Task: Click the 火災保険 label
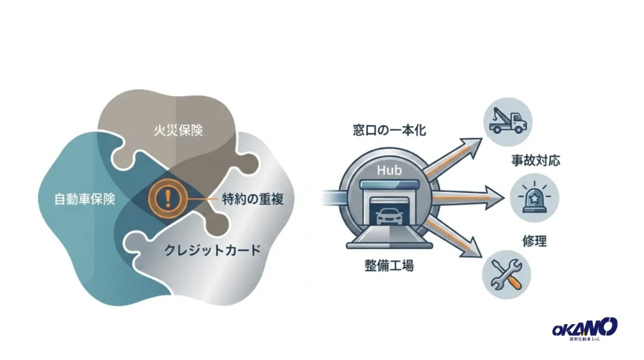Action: pyautogui.click(x=178, y=130)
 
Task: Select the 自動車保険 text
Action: pyautogui.click(x=85, y=200)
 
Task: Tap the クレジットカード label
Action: pyautogui.click(x=213, y=250)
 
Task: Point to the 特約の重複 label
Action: pyautogui.click(x=253, y=199)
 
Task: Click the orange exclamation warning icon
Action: pyautogui.click(x=167, y=199)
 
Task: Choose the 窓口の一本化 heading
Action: pyautogui.click(x=389, y=130)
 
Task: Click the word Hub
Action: pyautogui.click(x=389, y=170)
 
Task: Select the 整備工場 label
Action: pyautogui.click(x=389, y=266)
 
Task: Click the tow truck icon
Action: pyautogui.click(x=508, y=121)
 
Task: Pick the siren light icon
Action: pyautogui.click(x=535, y=198)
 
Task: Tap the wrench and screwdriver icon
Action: pyautogui.click(x=506, y=274)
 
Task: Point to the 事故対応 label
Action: pyautogui.click(x=536, y=160)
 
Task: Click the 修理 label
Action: pyautogui.click(x=535, y=241)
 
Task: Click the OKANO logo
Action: pyautogui.click(x=584, y=329)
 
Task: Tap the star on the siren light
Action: pyautogui.click(x=535, y=198)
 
